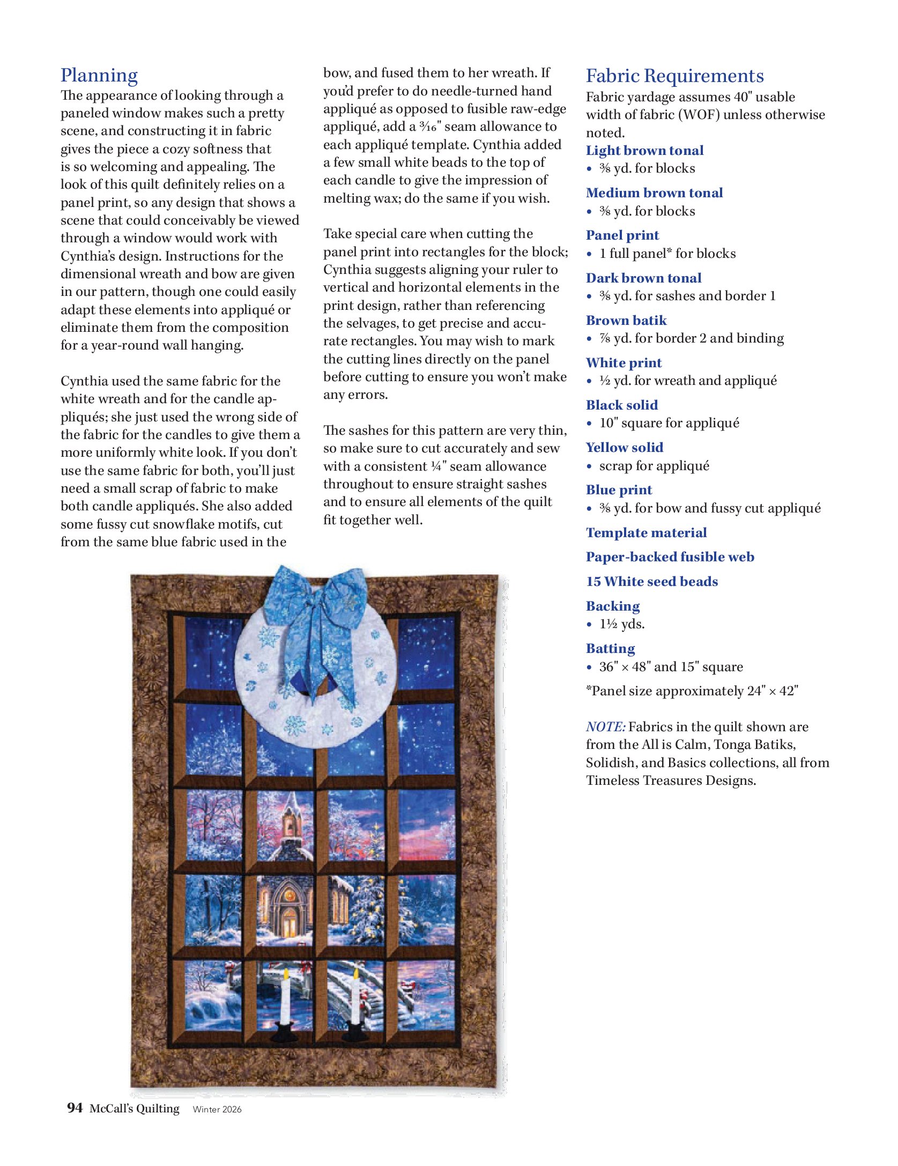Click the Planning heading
coord(99,76)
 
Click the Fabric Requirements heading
coord(674,76)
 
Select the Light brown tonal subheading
coord(644,151)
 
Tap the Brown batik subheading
coord(626,321)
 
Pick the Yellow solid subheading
coord(624,448)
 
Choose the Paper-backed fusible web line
coord(670,557)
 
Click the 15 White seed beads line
coord(651,582)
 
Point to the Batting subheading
coord(610,649)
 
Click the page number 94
coord(75,1108)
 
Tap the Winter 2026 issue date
coord(217,1109)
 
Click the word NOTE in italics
coord(605,727)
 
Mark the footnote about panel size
coord(692,691)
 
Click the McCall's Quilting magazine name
coord(134,1108)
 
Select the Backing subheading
coord(613,606)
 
